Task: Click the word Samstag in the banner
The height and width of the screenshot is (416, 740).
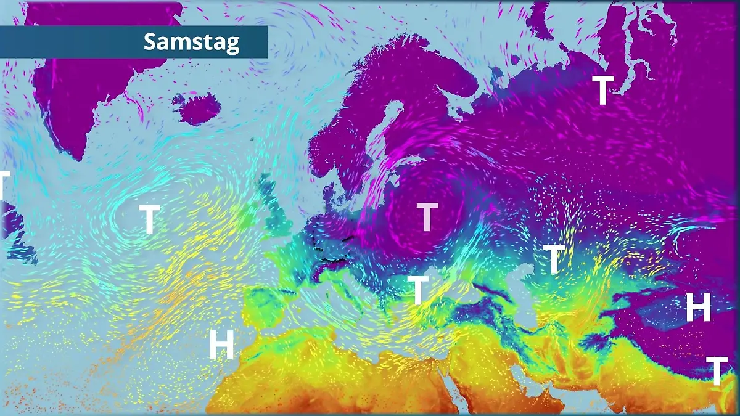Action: click(191, 42)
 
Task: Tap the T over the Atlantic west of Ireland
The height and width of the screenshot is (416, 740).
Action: click(149, 219)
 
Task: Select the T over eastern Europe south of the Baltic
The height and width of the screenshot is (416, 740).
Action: click(427, 216)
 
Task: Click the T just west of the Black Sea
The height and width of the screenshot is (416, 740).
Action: click(418, 290)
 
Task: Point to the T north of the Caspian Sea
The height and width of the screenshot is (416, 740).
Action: click(554, 259)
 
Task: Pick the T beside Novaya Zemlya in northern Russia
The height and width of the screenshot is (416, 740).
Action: click(602, 91)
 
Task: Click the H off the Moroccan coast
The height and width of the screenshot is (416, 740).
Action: click(221, 345)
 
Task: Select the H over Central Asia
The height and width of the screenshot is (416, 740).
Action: click(699, 307)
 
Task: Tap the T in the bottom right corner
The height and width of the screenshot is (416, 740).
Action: click(717, 370)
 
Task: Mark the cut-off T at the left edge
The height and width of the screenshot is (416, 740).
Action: click(4, 185)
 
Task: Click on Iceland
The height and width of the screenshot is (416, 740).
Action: click(196, 108)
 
